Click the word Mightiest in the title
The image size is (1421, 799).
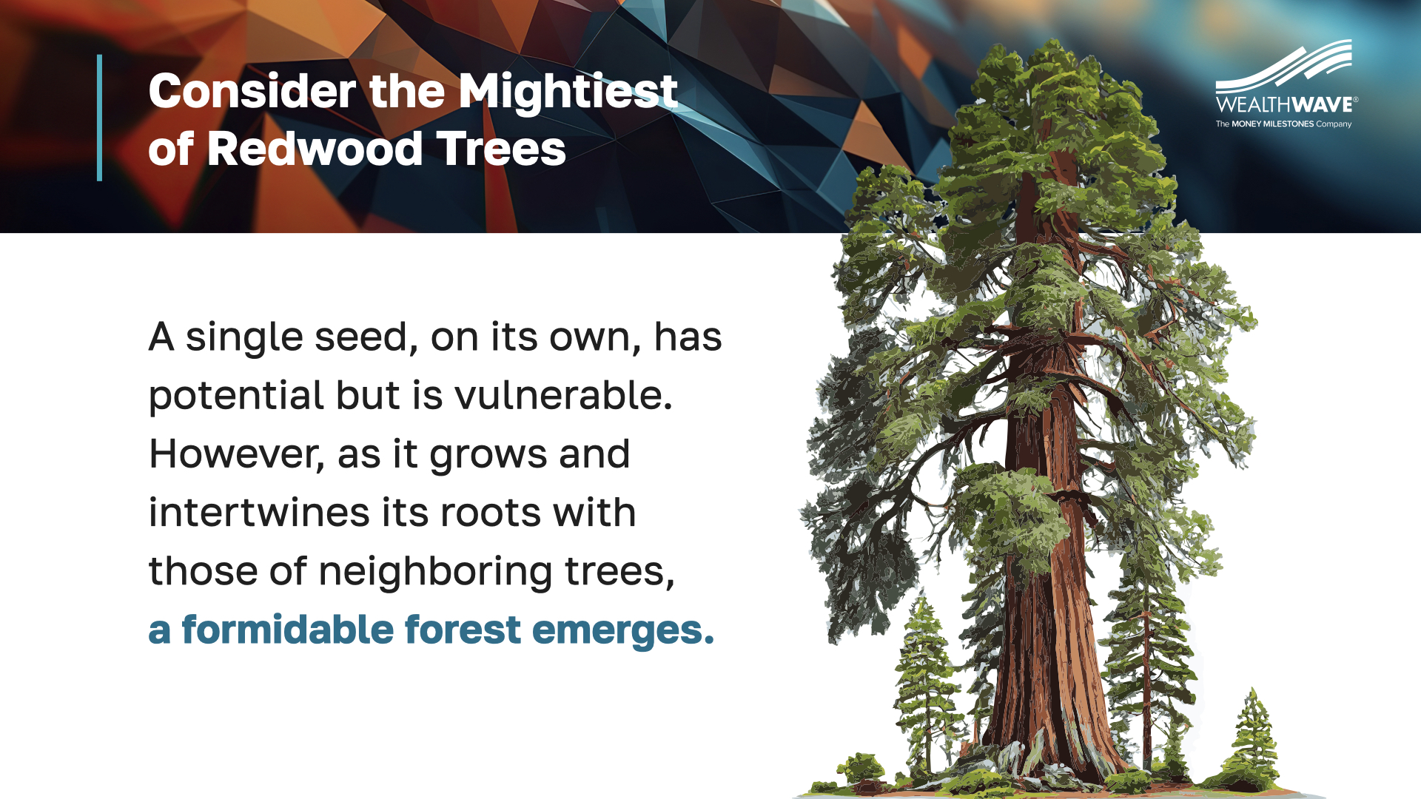(x=568, y=92)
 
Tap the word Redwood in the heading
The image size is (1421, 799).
(x=315, y=149)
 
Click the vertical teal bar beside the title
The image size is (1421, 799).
(x=99, y=118)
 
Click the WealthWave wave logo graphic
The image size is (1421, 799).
(x=1284, y=66)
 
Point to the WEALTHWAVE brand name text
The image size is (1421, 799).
(x=1286, y=105)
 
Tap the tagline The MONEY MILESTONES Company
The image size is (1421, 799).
(x=1283, y=124)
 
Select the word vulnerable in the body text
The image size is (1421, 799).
(x=563, y=395)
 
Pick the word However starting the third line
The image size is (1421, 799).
(x=237, y=454)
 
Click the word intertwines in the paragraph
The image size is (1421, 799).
(x=259, y=512)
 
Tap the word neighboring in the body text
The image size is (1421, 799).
(x=435, y=573)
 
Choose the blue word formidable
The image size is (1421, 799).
(x=288, y=630)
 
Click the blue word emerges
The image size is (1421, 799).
(x=623, y=631)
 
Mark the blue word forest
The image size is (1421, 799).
(x=463, y=630)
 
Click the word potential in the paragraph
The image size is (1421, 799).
(x=236, y=397)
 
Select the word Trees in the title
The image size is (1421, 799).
(x=501, y=149)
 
